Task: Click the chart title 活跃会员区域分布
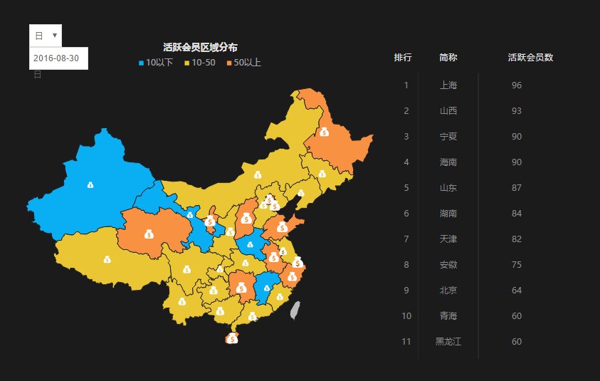coord(200,47)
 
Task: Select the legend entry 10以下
coord(156,63)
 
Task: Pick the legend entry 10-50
coord(200,63)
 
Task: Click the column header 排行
coord(403,57)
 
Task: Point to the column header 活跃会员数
coord(531,57)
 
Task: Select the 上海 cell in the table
coord(448,85)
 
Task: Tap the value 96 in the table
coord(517,85)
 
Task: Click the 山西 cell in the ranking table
coord(448,111)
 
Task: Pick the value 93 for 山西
coord(517,111)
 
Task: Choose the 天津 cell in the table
coord(448,239)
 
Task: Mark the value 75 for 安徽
coord(517,265)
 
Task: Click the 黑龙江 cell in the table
coord(448,342)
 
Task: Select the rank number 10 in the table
coord(406,316)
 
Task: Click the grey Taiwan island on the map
coord(297,310)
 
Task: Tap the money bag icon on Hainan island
coord(232,339)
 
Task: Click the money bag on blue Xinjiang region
coord(90,185)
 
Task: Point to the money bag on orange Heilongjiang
coord(324,131)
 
